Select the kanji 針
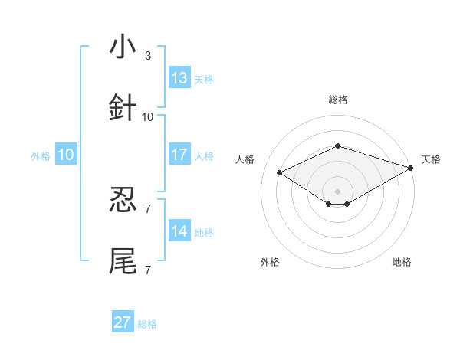point(123,108)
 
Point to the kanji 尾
point(123,260)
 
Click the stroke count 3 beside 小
point(148,56)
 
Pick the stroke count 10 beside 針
point(148,116)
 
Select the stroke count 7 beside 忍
point(148,208)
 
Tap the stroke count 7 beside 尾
point(148,269)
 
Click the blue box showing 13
point(179,78)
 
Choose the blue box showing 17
point(179,155)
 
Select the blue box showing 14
point(179,231)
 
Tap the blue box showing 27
point(123,322)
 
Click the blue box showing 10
point(66,155)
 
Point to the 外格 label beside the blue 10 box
point(41,155)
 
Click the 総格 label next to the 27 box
point(147,324)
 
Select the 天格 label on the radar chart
point(431,159)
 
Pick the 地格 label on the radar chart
point(402,262)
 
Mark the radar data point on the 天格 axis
point(411,166)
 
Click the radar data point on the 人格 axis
point(280,172)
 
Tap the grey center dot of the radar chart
point(337,191)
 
